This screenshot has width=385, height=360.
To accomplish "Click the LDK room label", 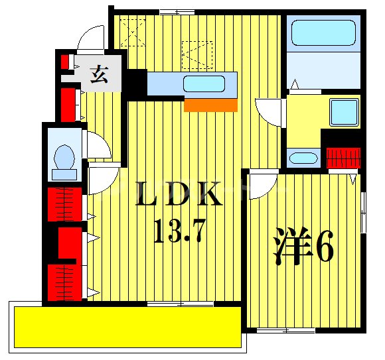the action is [x=179, y=194].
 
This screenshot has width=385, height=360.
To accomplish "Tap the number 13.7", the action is [x=179, y=231].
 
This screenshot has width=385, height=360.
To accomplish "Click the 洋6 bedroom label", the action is [x=303, y=246].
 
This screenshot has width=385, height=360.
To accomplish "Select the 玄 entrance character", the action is [x=99, y=74].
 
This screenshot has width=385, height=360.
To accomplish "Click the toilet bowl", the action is [x=64, y=157].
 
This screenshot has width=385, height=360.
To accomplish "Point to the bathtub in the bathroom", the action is [x=324, y=33].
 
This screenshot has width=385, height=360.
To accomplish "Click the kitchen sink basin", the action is [x=204, y=84].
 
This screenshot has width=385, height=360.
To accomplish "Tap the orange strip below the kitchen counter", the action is [x=210, y=105].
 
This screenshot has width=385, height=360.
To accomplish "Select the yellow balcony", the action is [x=127, y=327].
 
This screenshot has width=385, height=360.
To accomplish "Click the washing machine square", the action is [x=344, y=112].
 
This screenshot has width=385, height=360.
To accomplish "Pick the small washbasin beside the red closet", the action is [x=303, y=158].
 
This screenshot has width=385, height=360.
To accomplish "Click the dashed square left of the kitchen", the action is [x=133, y=32].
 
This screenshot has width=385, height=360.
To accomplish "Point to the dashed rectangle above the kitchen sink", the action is [x=197, y=55].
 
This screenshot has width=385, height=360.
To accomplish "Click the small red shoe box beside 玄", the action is [x=64, y=62].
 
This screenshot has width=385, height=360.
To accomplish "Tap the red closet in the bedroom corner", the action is [x=344, y=158].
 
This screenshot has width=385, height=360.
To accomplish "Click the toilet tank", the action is [x=64, y=174].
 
